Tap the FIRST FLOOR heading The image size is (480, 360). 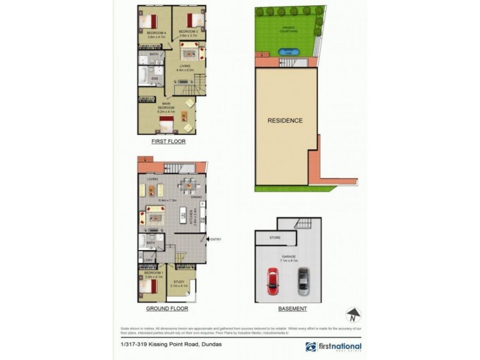pyautogui.click(x=168, y=142)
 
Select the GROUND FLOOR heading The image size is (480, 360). pyautogui.click(x=167, y=308)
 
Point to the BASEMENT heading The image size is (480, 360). pyautogui.click(x=292, y=308)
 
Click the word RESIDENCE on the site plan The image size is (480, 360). pyautogui.click(x=285, y=121)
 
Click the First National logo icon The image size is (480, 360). pyautogui.click(x=310, y=347)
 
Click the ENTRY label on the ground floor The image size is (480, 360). pyautogui.click(x=216, y=240)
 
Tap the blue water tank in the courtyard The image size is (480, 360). pyautogui.click(x=288, y=52)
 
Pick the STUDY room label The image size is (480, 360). pyautogui.click(x=179, y=281)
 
